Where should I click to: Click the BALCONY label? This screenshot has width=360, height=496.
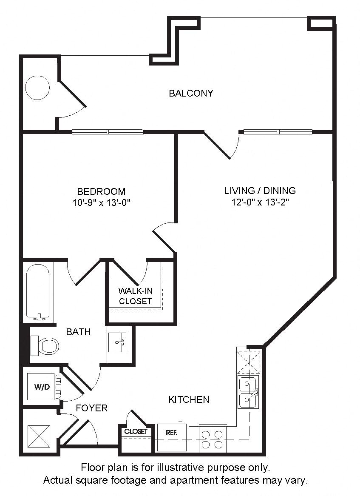coord(191,93)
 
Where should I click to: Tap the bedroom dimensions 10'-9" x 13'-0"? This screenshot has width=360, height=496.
coord(102,202)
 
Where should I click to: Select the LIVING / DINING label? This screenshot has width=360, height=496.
coord(260,191)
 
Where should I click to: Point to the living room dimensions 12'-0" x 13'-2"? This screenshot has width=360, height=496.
coord(260,202)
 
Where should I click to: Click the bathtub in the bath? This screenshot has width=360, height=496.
coord(38,291)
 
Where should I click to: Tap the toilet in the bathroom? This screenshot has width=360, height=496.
coord(45,346)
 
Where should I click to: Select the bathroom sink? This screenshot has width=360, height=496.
coord(117,342)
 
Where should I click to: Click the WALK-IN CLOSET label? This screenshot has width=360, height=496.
coord(135,296)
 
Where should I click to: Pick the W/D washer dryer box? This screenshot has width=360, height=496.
coord(41,387)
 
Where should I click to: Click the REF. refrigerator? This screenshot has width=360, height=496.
coord(172,437)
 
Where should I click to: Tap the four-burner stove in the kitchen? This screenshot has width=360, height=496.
coord(212,439)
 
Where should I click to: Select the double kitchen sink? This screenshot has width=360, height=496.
coord(248,392)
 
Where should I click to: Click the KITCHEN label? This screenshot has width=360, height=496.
coord(189,400)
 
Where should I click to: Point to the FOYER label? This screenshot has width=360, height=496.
coord(92,408)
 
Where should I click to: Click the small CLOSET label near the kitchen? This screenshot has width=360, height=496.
coord(136,431)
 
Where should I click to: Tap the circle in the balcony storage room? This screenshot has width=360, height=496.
coord(37,88)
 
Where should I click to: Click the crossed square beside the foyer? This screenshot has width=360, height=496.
coord(39,437)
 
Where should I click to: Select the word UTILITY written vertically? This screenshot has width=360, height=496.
coord(58,387)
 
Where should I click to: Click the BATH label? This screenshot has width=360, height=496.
coord(78,332)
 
